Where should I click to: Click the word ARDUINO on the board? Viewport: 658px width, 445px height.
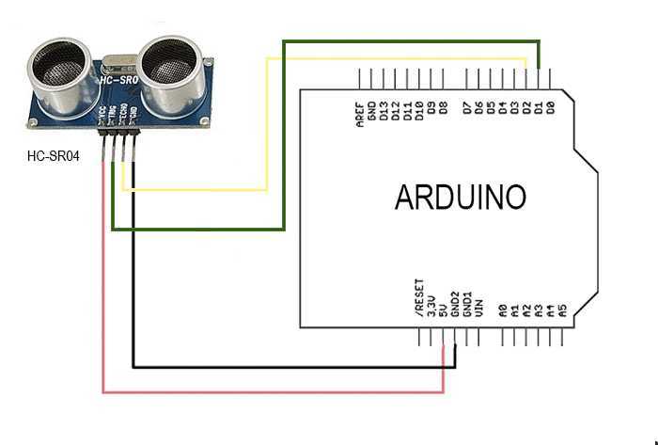click(460, 197)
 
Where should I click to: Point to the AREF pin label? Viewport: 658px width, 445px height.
click(361, 114)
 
